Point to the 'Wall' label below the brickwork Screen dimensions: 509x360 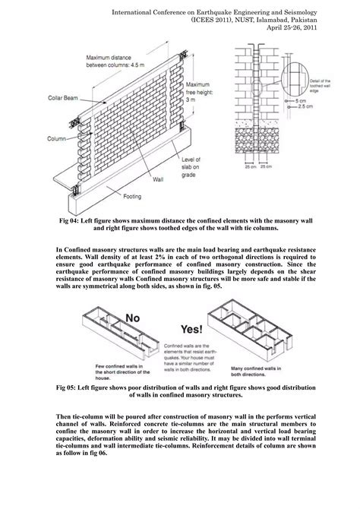point(158,181)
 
